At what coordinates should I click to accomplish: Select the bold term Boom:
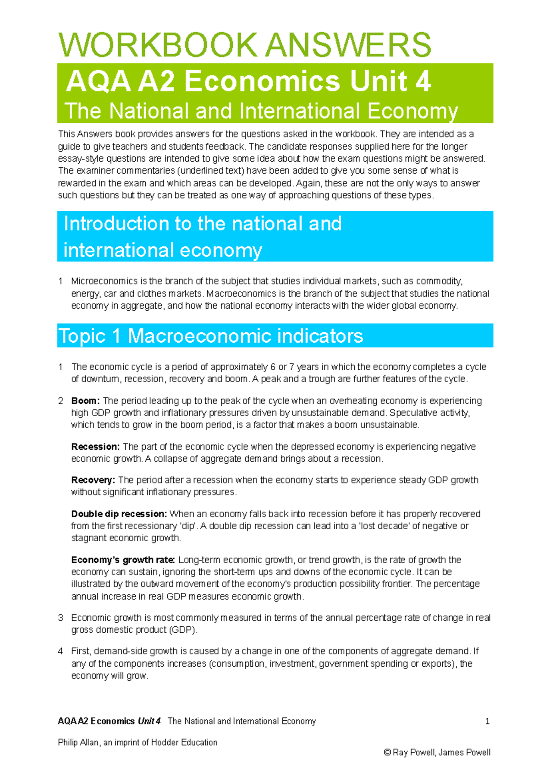pyautogui.click(x=85, y=401)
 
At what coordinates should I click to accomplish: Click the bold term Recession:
pyautogui.click(x=95, y=447)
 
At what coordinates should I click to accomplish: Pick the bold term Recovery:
pyautogui.click(x=93, y=480)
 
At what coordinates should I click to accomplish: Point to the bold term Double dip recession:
pyautogui.click(x=119, y=514)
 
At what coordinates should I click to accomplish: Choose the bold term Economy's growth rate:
pyautogui.click(x=123, y=560)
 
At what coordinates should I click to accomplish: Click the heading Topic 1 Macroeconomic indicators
pyautogui.click(x=211, y=336)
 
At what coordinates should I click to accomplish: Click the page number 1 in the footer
pyautogui.click(x=487, y=721)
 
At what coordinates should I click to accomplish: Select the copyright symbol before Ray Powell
pyautogui.click(x=387, y=752)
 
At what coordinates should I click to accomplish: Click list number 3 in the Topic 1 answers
pyautogui.click(x=60, y=618)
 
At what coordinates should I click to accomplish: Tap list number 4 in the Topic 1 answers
pyautogui.click(x=60, y=652)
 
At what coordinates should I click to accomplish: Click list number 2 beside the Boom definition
pyautogui.click(x=60, y=401)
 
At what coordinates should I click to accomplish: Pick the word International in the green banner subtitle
pyautogui.click(x=300, y=111)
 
